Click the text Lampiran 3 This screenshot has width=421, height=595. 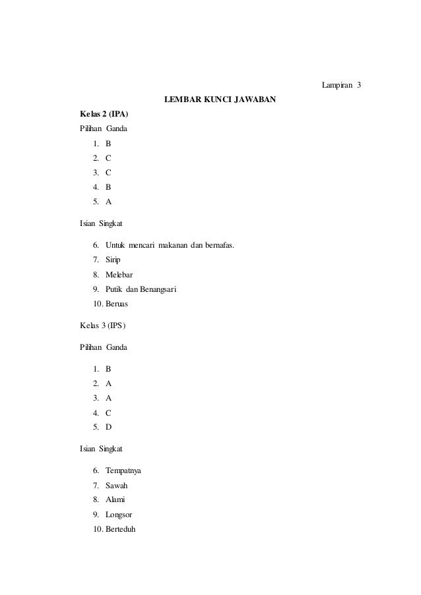click(x=341, y=86)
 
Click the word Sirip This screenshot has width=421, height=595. click(x=113, y=260)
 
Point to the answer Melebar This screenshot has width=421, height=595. click(x=119, y=275)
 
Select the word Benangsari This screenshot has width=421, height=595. click(x=155, y=290)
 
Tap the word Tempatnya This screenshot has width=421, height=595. click(x=123, y=471)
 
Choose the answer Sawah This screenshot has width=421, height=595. click(x=116, y=486)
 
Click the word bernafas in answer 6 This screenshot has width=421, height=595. click(x=218, y=246)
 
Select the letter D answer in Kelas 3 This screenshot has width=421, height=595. click(x=109, y=427)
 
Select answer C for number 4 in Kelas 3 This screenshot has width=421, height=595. click(x=109, y=412)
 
